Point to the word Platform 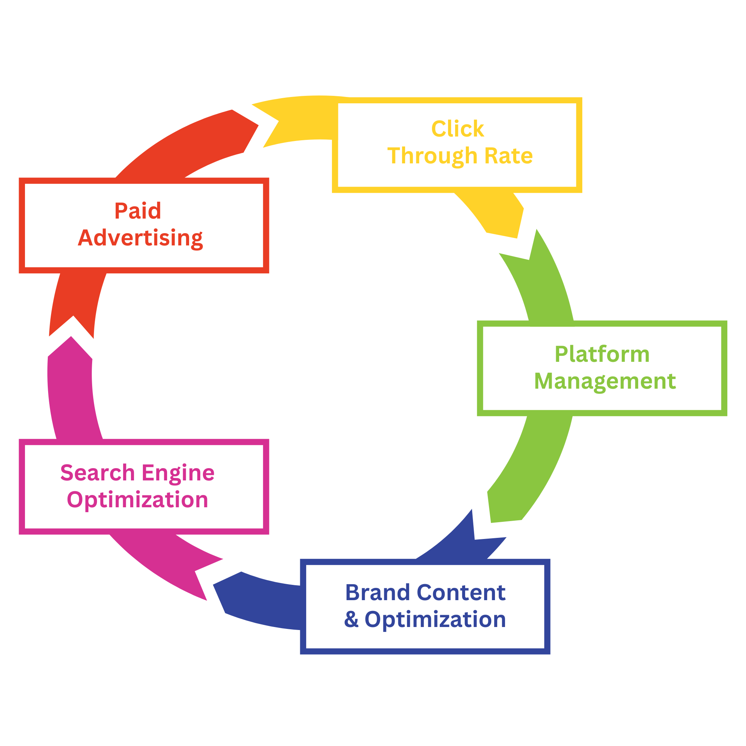[602, 354]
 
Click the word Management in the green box [605, 382]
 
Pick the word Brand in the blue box [377, 592]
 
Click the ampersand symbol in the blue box [351, 619]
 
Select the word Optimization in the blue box [435, 620]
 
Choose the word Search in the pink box [97, 473]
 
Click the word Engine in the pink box [178, 473]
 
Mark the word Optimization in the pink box [138, 500]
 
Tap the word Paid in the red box [138, 211]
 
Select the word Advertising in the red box [141, 238]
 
